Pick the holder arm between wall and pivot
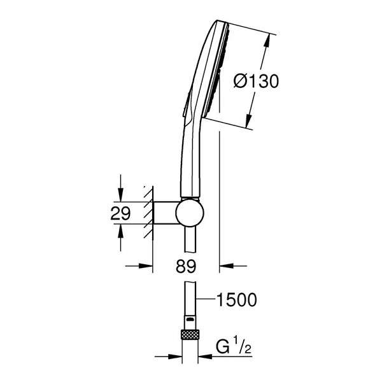click(165, 213)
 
